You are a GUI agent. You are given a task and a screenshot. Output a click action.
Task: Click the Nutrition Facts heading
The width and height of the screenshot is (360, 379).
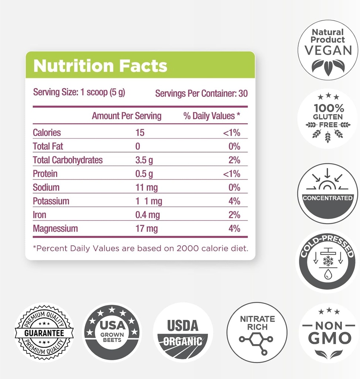pyautogui.click(x=100, y=66)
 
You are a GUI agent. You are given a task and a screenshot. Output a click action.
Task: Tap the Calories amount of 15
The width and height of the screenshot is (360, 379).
pyautogui.click(x=140, y=133)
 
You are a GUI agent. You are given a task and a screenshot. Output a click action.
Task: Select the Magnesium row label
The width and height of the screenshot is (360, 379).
pyautogui.click(x=55, y=228)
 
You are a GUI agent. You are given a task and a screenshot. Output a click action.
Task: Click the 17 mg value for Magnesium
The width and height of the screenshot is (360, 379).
pyautogui.click(x=147, y=228)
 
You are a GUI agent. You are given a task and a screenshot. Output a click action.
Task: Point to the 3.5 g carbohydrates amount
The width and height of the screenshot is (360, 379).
pyautogui.click(x=144, y=160)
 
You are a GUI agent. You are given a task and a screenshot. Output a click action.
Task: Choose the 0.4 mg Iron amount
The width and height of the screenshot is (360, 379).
pyautogui.click(x=147, y=215)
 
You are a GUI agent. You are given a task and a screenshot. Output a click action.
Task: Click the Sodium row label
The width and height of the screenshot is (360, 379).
pyautogui.click(x=46, y=187)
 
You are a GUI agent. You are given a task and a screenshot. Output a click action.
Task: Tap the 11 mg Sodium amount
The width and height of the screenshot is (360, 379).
pyautogui.click(x=147, y=187)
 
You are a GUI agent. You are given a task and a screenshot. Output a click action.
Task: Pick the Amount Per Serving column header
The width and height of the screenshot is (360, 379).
pyautogui.click(x=127, y=116)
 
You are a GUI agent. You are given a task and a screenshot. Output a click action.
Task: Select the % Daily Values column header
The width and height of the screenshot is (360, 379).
pyautogui.click(x=212, y=116)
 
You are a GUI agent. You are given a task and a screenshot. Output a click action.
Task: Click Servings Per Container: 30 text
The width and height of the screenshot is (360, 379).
pyautogui.click(x=201, y=93)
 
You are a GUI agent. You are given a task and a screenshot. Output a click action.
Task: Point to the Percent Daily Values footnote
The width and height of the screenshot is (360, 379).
pyautogui.click(x=140, y=248)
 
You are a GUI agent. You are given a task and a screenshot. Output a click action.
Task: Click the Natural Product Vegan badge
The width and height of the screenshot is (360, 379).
pyautogui.click(x=328, y=50)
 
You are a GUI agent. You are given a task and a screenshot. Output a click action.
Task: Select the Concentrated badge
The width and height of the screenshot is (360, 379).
pyautogui.click(x=328, y=193)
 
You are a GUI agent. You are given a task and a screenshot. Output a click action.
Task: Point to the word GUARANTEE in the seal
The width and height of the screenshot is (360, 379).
pyautogui.click(x=44, y=332)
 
